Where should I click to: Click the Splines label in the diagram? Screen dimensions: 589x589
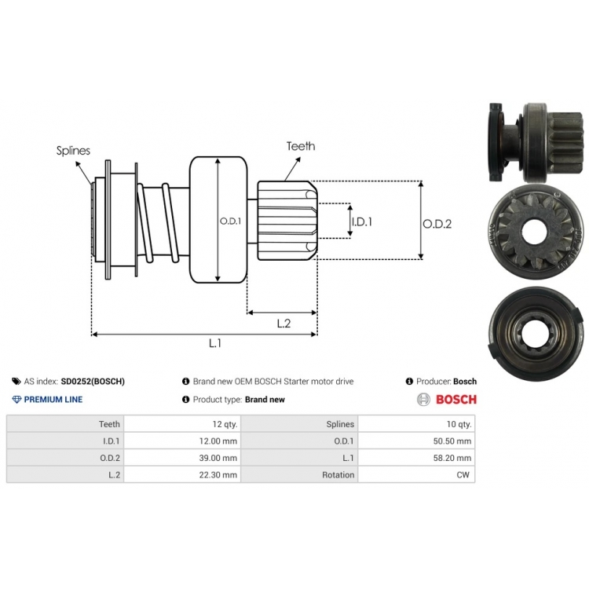coord(73,151)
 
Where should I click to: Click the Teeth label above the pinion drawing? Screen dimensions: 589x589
coord(301,146)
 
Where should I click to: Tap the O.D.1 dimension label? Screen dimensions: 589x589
coord(230,221)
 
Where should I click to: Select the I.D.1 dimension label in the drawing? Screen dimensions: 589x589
coord(362,221)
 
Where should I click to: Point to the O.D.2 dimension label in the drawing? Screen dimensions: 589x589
coord(437,224)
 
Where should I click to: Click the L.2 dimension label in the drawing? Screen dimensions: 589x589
coord(284,324)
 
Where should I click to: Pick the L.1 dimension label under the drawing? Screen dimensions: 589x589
coord(215,342)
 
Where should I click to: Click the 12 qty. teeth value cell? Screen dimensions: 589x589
coord(182,424)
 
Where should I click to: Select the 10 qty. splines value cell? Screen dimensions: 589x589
coord(416,424)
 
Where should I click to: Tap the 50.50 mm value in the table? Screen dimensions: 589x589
coord(452,441)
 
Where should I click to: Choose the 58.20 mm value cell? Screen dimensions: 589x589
coord(416,458)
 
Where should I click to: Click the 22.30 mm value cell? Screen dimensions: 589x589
coord(182,474)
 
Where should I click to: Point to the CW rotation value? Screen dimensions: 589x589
coord(463,475)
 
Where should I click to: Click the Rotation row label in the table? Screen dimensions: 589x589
coord(338,475)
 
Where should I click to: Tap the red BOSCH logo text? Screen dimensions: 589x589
coord(456,399)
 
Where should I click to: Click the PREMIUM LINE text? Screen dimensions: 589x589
coord(53,399)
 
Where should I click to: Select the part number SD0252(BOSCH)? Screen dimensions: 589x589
coord(93,381)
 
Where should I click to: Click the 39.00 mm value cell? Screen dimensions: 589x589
coord(182,458)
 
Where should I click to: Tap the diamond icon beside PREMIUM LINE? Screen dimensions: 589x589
coord(16,399)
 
